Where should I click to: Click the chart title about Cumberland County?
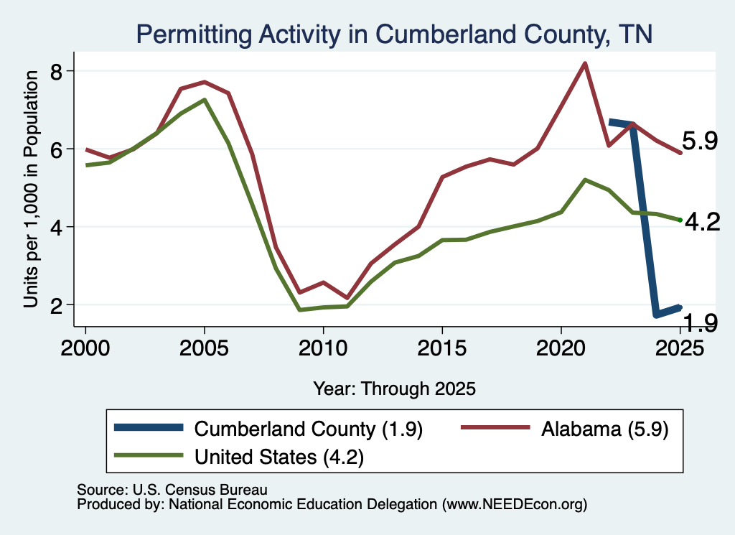click(x=394, y=34)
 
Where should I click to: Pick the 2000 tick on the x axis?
click(x=85, y=348)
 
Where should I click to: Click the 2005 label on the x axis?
click(x=205, y=348)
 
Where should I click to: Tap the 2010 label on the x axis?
click(x=323, y=348)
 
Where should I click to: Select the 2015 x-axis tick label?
click(x=442, y=348)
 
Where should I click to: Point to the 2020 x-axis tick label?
click(x=561, y=348)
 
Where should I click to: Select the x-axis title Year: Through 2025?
click(x=394, y=389)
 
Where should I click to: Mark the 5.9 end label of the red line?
click(x=699, y=141)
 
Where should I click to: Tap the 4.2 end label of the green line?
click(x=702, y=221)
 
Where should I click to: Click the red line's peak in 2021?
click(x=584, y=63)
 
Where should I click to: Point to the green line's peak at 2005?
click(x=205, y=99)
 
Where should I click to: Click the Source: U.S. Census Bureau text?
click(x=172, y=490)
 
